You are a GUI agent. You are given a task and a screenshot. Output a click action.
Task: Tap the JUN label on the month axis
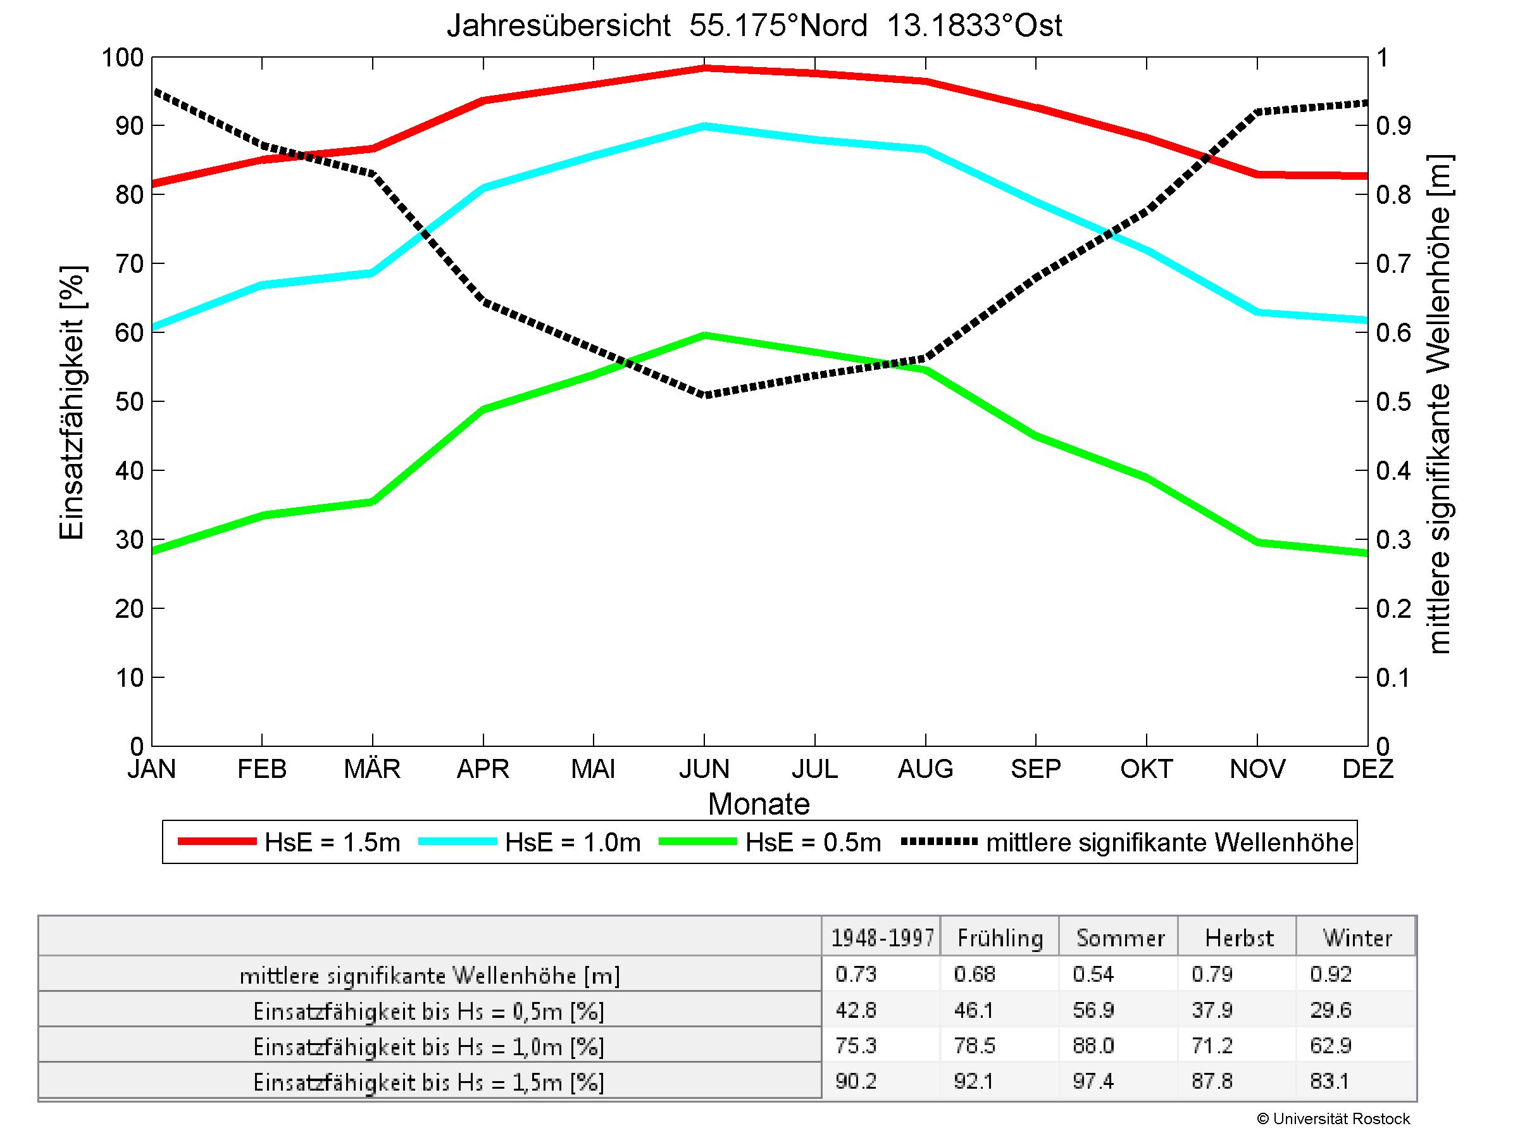point(704,768)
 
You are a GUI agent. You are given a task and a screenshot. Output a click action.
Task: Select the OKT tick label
point(1146,768)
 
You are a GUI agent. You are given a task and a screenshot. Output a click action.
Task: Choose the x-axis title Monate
point(759,804)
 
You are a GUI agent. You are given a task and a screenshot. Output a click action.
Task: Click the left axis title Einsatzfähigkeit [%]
point(72,403)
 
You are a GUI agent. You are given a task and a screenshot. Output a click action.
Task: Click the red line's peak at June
point(704,68)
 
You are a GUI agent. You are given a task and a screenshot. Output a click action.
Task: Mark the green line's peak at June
point(704,335)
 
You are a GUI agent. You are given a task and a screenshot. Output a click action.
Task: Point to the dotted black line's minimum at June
point(704,395)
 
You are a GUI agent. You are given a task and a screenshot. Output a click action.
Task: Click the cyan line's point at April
point(483,187)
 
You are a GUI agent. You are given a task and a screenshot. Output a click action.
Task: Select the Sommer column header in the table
point(1120,938)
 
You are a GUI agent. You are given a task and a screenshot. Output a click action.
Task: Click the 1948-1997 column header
point(882,938)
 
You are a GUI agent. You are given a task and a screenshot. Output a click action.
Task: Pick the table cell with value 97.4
point(1093,1082)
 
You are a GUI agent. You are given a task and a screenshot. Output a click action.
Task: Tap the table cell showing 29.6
point(1331,1010)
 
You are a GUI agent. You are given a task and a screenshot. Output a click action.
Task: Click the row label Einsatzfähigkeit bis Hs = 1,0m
point(429,1046)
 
